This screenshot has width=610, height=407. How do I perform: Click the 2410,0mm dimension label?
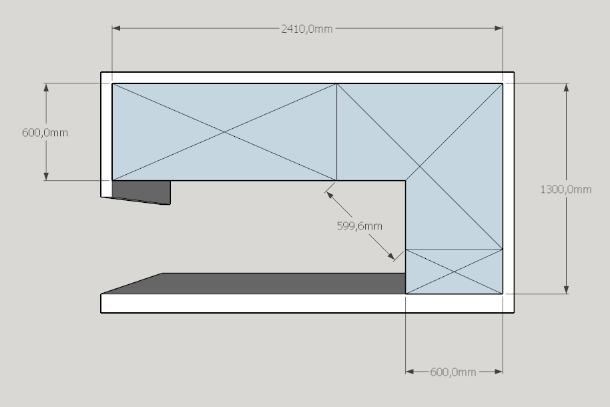tap(306, 29)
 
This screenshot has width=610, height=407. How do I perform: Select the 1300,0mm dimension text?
tap(566, 189)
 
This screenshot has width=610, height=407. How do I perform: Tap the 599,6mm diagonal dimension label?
tap(360, 226)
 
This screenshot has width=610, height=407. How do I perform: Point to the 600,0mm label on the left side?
tap(45, 133)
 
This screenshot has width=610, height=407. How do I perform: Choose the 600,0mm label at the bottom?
tap(453, 372)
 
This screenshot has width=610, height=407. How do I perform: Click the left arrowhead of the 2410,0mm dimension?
tap(116, 28)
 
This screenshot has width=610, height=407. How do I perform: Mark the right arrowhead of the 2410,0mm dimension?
tap(499, 28)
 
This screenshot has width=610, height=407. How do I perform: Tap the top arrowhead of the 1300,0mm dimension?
tap(566, 87)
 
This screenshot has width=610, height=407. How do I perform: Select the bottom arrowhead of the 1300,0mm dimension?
tap(566, 290)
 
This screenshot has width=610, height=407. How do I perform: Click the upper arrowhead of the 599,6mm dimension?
tap(329, 195)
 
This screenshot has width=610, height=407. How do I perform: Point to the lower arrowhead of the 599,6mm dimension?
tap(390, 256)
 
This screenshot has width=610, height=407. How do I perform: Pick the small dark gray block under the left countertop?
tap(141, 192)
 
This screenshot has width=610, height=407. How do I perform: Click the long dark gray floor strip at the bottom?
tap(253, 284)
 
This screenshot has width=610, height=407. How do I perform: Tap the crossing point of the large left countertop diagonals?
tap(224, 132)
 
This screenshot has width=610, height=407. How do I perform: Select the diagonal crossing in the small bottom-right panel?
tap(454, 272)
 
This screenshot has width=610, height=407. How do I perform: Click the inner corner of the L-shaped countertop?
tap(405, 181)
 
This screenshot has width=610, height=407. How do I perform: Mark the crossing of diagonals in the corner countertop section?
tap(420, 167)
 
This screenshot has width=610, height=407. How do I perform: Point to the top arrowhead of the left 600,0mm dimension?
tap(46, 87)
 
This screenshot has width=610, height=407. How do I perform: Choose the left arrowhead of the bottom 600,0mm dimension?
tap(410, 372)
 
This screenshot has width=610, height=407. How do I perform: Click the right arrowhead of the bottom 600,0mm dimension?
tap(499, 372)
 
